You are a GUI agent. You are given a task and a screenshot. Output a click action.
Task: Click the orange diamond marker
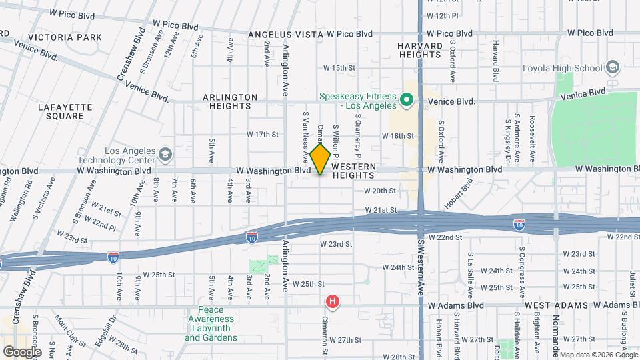[x=320, y=159]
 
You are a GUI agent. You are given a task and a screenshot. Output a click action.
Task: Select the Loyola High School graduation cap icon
[x=612, y=67]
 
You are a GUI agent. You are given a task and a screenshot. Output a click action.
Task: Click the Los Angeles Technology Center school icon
[x=164, y=155]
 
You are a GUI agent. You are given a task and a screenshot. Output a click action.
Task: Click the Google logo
[x=21, y=351]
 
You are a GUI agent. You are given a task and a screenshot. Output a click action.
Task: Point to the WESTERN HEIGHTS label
[x=353, y=171]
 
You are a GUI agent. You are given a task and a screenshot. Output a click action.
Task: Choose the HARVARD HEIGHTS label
[x=420, y=50]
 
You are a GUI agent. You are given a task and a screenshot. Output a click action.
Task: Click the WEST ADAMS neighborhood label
[x=555, y=305]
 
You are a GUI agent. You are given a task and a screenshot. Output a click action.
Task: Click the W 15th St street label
[x=339, y=68]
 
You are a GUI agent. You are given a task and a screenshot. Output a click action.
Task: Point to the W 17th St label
[x=262, y=135]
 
